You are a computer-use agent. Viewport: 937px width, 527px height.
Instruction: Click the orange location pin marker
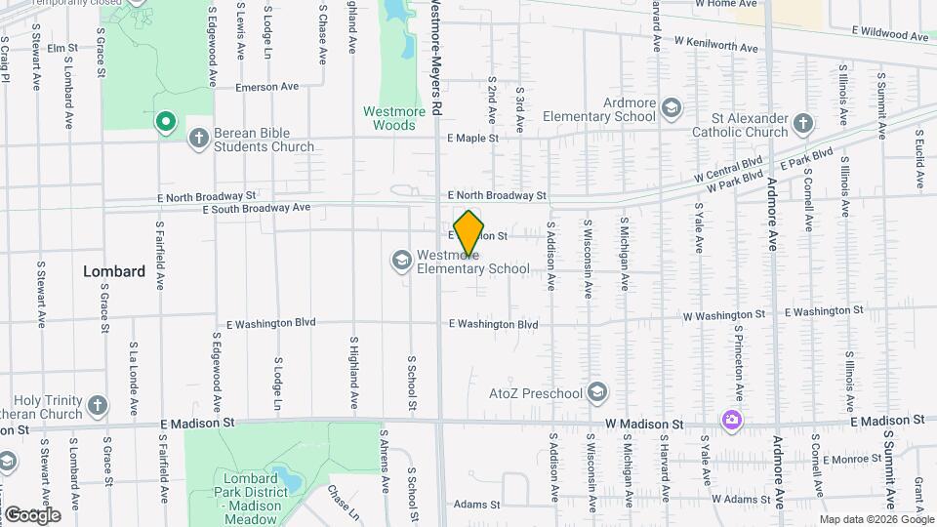tap(469, 232)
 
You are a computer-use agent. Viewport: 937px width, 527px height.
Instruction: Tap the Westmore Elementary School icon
tap(401, 260)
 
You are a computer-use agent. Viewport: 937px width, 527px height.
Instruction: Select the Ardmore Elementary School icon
tap(671, 107)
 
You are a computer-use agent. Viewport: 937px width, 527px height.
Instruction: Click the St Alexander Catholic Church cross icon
tap(802, 123)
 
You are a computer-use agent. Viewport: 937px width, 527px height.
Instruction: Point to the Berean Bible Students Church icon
tap(198, 138)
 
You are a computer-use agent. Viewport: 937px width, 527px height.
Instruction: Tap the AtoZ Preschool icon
tap(597, 393)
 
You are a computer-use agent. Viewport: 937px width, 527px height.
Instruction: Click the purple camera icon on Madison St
tap(731, 420)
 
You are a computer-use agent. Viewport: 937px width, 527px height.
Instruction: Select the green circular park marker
tap(166, 122)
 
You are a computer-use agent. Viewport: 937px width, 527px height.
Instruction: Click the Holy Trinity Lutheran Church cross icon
tap(97, 405)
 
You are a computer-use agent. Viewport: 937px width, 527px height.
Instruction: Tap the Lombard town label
tap(114, 271)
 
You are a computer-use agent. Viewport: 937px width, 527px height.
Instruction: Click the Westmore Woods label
tap(394, 118)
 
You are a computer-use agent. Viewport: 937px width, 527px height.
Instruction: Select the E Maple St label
tap(472, 139)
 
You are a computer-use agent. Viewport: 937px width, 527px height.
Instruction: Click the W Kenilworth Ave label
tap(716, 44)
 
